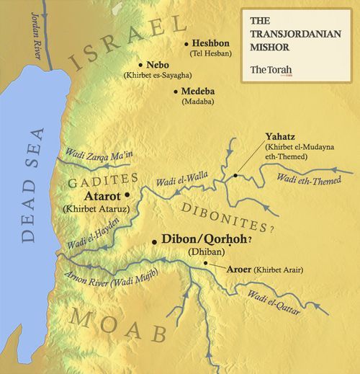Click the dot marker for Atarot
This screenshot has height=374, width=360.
click(x=127, y=195)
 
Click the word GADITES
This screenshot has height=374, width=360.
click(x=104, y=178)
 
